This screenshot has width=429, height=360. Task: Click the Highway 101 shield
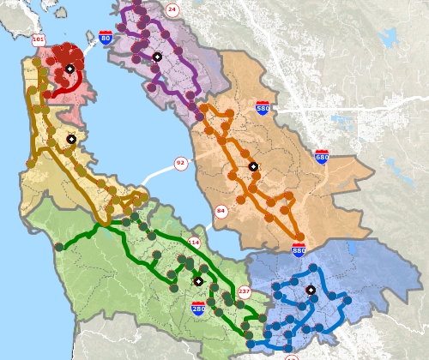[38, 40]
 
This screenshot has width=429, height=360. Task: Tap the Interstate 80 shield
[105, 38]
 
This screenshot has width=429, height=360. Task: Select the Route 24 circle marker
[172, 9]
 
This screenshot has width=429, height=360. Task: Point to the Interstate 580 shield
[263, 109]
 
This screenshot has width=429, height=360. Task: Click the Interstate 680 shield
[322, 157]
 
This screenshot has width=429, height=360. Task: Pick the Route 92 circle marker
[180, 163]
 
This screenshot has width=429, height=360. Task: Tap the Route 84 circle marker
[221, 211]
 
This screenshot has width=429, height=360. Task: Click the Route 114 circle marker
[194, 243]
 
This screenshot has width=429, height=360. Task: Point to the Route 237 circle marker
[244, 292]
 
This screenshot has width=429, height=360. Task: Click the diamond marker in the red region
[69, 69]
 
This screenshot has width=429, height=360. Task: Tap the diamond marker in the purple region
[157, 57]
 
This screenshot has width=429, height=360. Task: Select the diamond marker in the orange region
[253, 165]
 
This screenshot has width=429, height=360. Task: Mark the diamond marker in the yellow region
[71, 138]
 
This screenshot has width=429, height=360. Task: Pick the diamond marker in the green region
[198, 280]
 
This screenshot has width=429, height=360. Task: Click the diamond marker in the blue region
[311, 290]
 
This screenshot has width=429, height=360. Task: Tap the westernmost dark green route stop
[58, 247]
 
